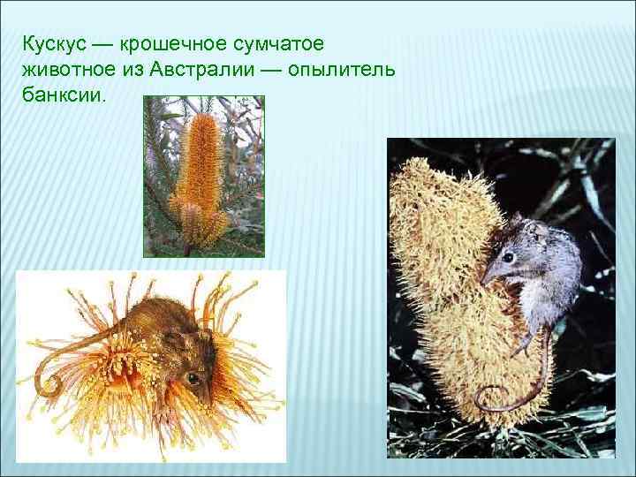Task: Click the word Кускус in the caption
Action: coord(52,43)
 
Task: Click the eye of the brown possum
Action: coord(189,378)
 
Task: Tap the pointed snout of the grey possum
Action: coord(482,280)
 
